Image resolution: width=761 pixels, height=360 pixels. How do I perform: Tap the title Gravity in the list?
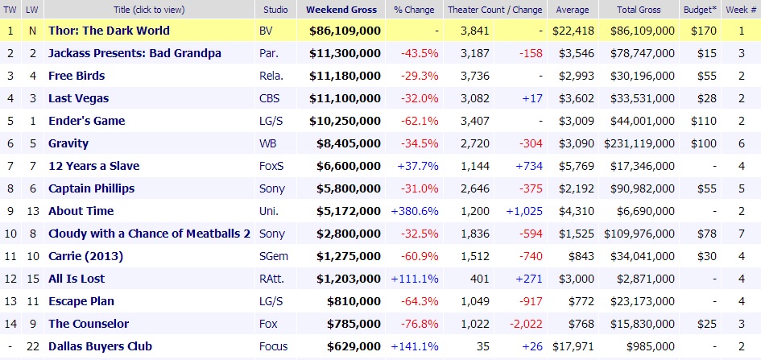coord(68,143)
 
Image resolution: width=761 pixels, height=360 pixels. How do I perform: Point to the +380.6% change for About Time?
coord(415,211)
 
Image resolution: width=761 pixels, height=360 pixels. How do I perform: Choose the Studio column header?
coord(276,10)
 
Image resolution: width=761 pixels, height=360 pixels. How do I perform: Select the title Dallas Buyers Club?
coord(100,346)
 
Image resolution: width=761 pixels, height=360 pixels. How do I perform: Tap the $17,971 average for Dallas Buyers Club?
coord(570,346)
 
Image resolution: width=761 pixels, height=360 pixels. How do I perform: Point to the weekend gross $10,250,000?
coord(345,121)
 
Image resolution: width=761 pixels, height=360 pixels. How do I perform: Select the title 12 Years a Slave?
coord(93,166)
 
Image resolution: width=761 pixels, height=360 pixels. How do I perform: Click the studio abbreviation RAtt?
coord(273,279)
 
